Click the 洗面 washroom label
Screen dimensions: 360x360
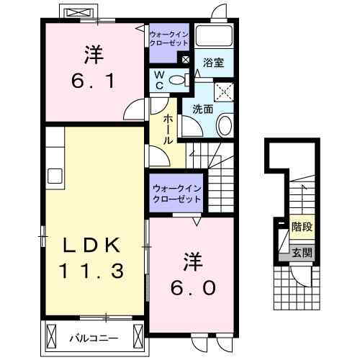202,110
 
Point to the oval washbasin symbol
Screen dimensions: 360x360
224,127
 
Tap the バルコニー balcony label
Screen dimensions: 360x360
94,336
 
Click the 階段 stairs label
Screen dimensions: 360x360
302,227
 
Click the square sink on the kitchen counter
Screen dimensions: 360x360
55,175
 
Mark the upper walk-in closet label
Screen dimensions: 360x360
169,37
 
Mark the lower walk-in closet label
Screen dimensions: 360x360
176,193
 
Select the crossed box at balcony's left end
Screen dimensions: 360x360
52,335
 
